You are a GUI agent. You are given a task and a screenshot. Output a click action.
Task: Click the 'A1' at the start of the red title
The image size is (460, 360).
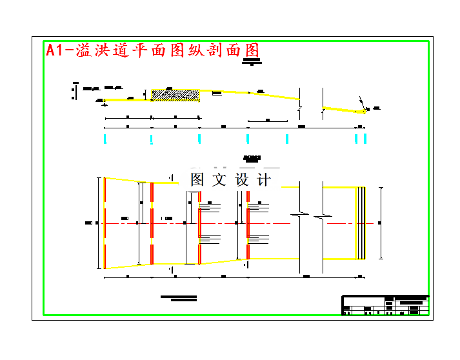56,51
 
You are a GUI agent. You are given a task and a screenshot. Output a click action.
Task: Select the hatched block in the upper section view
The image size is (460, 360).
175,95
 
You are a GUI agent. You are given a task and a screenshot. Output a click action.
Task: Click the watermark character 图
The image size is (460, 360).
197,180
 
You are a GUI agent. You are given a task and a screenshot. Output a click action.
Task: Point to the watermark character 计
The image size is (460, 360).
265,180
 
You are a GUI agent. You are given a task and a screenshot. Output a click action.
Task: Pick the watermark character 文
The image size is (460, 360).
220,180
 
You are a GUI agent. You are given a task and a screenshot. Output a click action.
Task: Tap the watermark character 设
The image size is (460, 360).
243,180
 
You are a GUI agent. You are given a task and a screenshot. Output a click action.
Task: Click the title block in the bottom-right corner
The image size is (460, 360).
385,305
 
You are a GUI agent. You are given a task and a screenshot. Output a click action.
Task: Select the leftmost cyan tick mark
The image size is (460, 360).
105,139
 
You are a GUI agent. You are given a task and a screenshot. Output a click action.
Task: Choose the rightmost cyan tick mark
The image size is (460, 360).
365,139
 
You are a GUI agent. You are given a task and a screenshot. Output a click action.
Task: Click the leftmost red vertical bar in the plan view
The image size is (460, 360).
105,223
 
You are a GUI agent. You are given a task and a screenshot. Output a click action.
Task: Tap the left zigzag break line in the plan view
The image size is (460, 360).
299,213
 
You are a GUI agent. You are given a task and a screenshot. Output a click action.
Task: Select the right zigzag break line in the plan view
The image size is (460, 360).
323,213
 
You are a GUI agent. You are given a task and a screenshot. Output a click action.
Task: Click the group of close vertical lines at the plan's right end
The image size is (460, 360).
362,223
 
